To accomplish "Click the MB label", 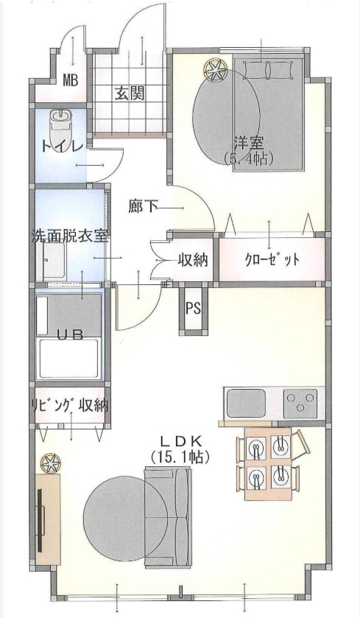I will [71, 80].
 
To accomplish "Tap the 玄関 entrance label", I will [129, 94].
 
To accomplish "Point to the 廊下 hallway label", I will [143, 206].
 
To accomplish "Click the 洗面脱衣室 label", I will [69, 237].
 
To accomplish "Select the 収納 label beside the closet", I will [191, 260].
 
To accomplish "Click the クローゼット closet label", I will [272, 260].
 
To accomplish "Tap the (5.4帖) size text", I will [249, 158].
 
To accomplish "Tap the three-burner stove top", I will [301, 403].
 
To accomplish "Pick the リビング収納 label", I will [69, 404].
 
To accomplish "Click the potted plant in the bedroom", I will [213, 70].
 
